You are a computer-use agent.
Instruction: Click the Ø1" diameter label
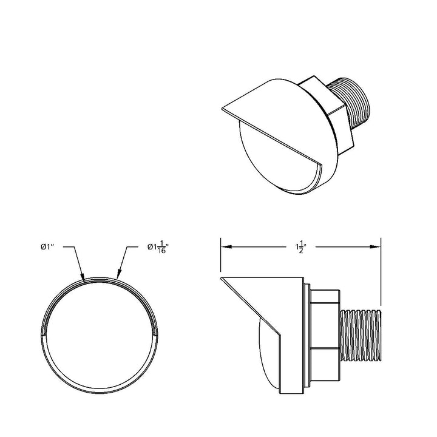47,246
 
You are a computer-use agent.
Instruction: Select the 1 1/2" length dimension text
301,246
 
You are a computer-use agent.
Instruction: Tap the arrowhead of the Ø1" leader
83,276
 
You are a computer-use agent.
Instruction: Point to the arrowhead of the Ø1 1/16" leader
119,275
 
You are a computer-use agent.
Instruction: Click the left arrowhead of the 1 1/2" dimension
226,246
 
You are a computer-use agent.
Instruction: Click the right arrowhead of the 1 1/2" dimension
375,246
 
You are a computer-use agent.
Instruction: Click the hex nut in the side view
325,335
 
